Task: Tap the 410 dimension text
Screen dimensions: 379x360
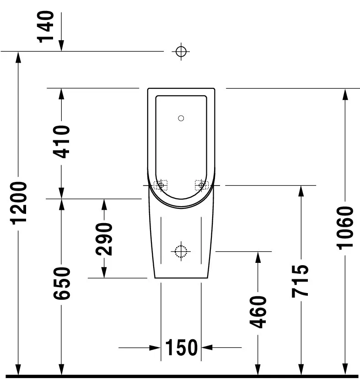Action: [x=61, y=142]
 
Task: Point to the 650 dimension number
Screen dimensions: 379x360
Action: [x=61, y=283]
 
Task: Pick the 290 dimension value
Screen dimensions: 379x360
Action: [x=104, y=239]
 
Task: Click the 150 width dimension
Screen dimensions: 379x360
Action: [x=181, y=348]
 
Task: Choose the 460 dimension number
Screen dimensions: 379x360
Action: [x=258, y=312]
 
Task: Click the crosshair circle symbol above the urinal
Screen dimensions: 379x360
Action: [x=181, y=51]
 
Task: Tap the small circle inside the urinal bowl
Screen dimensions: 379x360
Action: [x=181, y=118]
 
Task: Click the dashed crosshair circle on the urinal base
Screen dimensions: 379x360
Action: [x=181, y=251]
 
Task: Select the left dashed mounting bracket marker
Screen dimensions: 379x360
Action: [x=161, y=185]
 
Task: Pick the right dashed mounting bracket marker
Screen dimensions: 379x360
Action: [x=202, y=185]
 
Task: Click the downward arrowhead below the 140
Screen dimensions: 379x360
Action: [x=61, y=46]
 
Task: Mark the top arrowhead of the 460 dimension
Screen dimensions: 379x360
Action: [x=258, y=257]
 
